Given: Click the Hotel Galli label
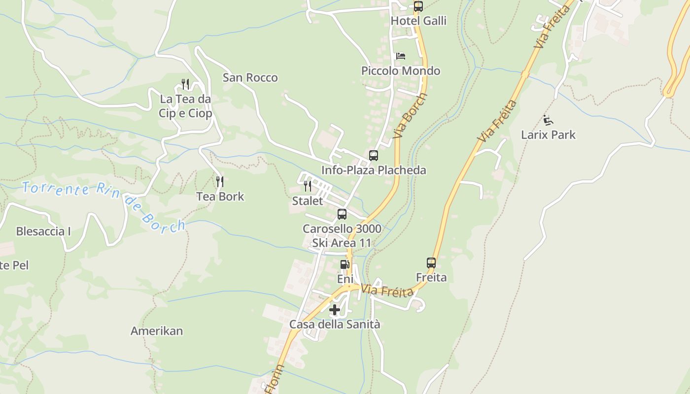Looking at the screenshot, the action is (418, 21).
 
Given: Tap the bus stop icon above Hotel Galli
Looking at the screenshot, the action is (418, 6).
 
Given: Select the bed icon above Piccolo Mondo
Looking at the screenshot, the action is (401, 56).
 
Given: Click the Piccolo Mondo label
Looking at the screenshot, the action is (401, 71).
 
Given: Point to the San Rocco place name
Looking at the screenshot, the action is (250, 78).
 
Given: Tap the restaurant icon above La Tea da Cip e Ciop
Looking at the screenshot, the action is (185, 84).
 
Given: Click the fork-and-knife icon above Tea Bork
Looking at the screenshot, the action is (220, 182).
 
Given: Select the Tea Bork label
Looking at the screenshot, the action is (220, 197).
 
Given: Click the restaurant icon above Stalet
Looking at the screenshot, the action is (308, 186).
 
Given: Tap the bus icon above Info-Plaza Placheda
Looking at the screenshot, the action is (374, 156).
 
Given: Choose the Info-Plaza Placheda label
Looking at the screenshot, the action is (374, 170).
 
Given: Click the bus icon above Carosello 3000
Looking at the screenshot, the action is (342, 214).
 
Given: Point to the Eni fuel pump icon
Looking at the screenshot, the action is (345, 264).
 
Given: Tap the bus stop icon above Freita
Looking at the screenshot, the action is (431, 263).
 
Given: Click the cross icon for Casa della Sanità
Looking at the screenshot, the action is (335, 310).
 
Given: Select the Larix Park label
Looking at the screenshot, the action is (548, 135).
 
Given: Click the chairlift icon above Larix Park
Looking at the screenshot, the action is (548, 120).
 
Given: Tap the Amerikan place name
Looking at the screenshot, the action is (157, 331).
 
